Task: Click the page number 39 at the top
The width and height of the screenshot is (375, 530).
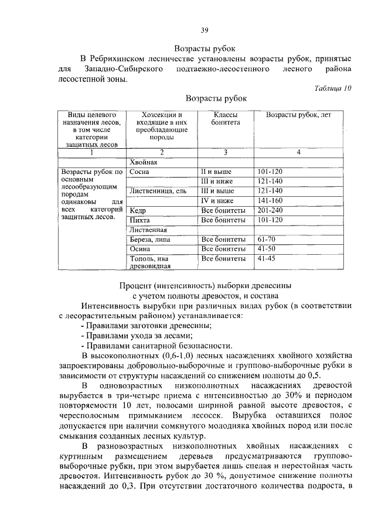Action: point(204,30)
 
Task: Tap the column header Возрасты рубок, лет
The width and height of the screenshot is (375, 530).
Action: point(298,115)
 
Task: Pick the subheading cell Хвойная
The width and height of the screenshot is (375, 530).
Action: point(144,162)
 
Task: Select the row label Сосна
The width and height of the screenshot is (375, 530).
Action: point(139,172)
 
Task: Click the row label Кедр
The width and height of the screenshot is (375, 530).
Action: point(138,210)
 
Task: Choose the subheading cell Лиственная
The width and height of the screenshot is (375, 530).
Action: point(148,230)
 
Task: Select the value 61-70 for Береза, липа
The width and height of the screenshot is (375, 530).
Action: point(266,240)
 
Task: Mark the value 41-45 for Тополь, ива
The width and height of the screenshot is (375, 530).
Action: point(266,258)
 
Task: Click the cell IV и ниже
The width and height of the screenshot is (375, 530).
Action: point(217,200)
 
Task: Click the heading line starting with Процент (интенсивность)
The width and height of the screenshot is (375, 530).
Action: point(205,285)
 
